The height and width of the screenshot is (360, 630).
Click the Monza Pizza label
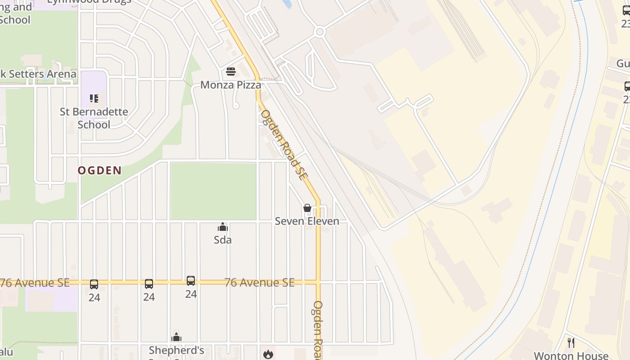pyautogui.click(x=230, y=85)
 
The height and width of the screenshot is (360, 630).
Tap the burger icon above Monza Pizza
pyautogui.click(x=230, y=71)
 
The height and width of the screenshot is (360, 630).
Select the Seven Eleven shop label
pyautogui.click(x=307, y=221)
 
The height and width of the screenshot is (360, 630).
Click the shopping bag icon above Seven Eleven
pyautogui.click(x=307, y=208)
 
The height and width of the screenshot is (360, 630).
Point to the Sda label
pyautogui.click(x=223, y=240)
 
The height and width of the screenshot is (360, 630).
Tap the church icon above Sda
pyautogui.click(x=223, y=227)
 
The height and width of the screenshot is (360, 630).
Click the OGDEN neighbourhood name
pyautogui.click(x=99, y=171)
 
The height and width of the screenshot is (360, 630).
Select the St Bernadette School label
pyautogui.click(x=94, y=118)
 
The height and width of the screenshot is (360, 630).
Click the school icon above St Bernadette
pyautogui.click(x=94, y=98)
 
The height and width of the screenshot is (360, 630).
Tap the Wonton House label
pyautogui.click(x=571, y=355)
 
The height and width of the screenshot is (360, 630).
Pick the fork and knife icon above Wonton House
pyautogui.click(x=571, y=343)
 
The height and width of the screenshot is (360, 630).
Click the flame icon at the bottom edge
pyautogui.click(x=268, y=354)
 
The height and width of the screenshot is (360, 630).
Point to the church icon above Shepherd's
pyautogui.click(x=176, y=337)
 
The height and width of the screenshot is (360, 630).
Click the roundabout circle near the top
pyautogui.click(x=320, y=32)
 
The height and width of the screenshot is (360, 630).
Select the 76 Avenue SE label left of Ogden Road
pyautogui.click(x=259, y=283)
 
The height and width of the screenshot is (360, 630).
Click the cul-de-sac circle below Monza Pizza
pyautogui.click(x=235, y=106)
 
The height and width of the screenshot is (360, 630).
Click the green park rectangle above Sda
pyautogui.click(x=213, y=191)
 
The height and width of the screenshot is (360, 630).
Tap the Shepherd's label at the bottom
pyautogui.click(x=176, y=350)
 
